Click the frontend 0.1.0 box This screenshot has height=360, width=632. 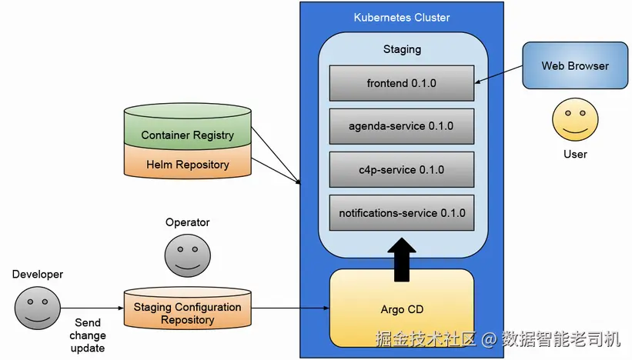coord(402,83)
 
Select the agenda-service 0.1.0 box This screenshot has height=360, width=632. coord(402,126)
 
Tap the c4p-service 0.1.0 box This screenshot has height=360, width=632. coord(402,169)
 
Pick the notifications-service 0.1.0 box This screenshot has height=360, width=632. coord(402,212)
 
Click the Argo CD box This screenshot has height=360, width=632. coord(402,308)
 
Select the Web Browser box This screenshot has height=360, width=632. coord(575,65)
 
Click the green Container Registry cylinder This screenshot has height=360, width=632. coord(187,126)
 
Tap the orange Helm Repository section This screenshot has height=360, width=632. coord(187,162)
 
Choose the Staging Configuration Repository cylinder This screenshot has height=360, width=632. coord(187,308)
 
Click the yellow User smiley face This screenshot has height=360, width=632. coord(575,119)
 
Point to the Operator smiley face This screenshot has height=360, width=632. coord(187,255)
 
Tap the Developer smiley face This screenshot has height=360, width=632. coord(38,308)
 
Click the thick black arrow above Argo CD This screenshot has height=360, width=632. coord(402,260)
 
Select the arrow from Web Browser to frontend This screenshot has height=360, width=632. coord(499,75)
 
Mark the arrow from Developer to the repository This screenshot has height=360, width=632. coord(92,308)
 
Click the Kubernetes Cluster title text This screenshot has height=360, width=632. coord(402,18)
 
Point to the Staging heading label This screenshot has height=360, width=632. coord(402,49)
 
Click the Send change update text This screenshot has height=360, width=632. coord(88,335)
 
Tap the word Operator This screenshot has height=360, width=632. coord(187,222)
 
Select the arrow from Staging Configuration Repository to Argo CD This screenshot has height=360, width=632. coord(290,308)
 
